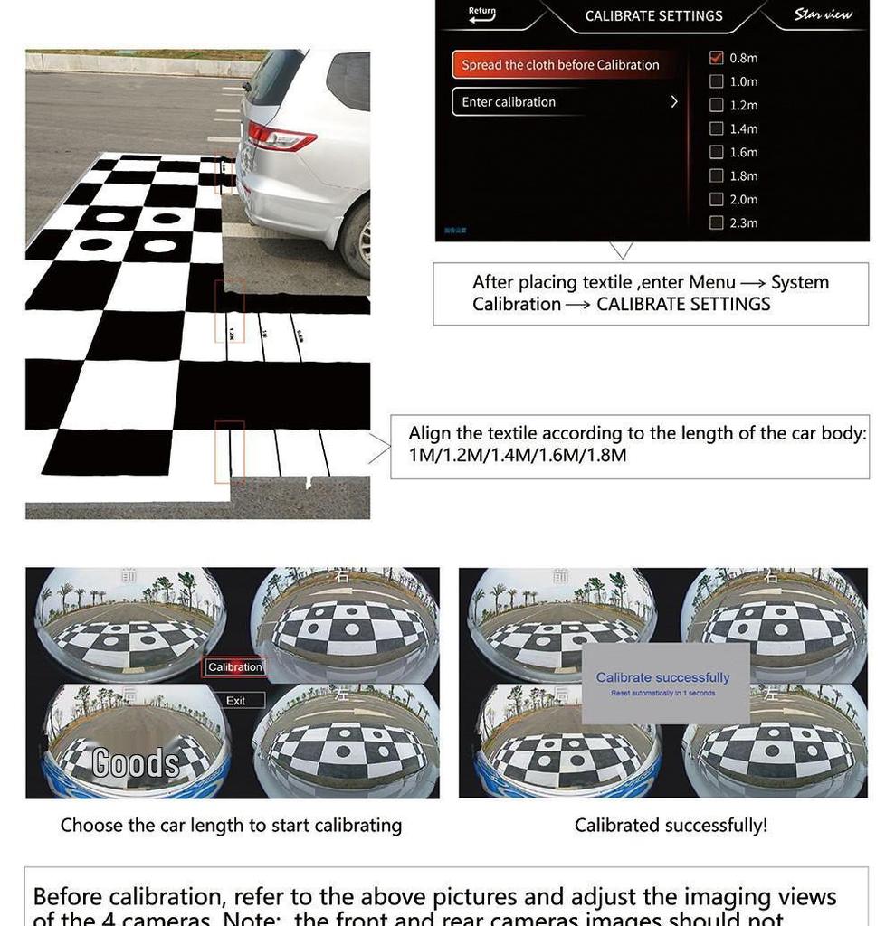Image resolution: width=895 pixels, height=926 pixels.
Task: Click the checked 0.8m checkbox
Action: pyautogui.click(x=717, y=57)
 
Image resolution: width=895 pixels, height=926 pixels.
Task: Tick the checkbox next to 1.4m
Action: pyautogui.click(x=717, y=128)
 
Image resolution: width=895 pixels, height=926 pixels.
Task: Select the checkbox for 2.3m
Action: pyautogui.click(x=717, y=222)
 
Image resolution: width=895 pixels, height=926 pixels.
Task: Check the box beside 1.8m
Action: pyautogui.click(x=717, y=175)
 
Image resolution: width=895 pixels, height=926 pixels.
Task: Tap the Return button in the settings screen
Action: pyautogui.click(x=482, y=14)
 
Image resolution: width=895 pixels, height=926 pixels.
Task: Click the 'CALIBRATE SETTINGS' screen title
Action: pyautogui.click(x=653, y=16)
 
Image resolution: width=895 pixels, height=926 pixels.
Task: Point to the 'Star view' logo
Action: pyautogui.click(x=823, y=14)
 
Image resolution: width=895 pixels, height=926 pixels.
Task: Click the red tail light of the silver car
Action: pyautogui.click(x=281, y=137)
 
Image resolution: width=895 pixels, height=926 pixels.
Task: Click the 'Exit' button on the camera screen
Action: pyautogui.click(x=236, y=701)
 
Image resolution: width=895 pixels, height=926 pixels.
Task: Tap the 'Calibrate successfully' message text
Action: pyautogui.click(x=662, y=677)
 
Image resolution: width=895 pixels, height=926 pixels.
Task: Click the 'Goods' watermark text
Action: pyautogui.click(x=136, y=763)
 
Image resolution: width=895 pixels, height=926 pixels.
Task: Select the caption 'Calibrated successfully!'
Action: pyautogui.click(x=671, y=826)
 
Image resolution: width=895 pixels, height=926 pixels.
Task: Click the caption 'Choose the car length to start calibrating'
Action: pyautogui.click(x=231, y=826)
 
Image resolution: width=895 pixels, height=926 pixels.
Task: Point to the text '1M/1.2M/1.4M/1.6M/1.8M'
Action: pyautogui.click(x=518, y=455)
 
